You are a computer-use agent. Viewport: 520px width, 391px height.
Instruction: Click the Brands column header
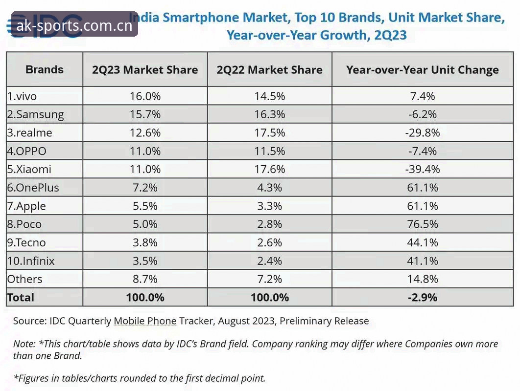point(45,69)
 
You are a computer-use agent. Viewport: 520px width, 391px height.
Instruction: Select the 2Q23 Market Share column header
point(145,70)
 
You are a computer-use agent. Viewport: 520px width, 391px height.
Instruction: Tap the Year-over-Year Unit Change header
point(423,70)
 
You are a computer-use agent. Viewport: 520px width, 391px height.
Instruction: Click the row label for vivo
point(22,96)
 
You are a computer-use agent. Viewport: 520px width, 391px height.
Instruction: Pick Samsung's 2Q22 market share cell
point(270,114)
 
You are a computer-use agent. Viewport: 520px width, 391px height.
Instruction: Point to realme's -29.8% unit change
point(423,133)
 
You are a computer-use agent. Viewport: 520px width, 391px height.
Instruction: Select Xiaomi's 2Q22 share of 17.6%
point(270,170)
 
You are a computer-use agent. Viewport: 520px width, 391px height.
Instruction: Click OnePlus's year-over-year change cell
point(423,188)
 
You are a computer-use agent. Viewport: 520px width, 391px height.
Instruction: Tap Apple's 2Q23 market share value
point(145,206)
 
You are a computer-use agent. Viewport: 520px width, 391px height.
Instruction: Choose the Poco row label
point(24,224)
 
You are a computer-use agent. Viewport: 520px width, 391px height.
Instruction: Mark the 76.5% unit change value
point(423,224)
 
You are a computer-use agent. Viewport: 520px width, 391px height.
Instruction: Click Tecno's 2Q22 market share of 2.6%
point(270,243)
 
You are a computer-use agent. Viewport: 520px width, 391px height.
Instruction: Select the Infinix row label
point(30,261)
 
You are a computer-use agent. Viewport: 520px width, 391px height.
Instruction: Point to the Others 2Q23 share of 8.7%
point(145,279)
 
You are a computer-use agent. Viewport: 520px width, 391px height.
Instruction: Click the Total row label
point(21,297)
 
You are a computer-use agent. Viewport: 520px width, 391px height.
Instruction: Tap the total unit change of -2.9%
point(423,297)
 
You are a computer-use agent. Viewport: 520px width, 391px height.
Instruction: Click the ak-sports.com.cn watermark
point(74,25)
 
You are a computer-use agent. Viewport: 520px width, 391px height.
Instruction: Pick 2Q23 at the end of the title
point(390,35)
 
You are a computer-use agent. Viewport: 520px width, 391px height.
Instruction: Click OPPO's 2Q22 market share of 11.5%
point(270,152)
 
